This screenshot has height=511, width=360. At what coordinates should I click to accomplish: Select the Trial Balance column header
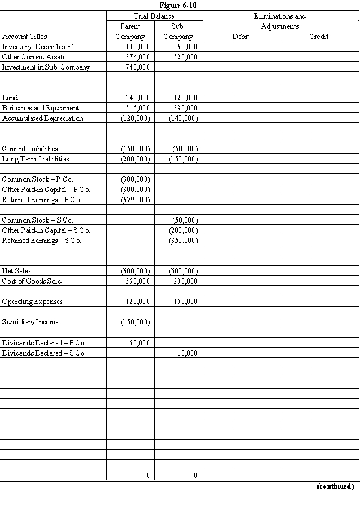tap(154, 16)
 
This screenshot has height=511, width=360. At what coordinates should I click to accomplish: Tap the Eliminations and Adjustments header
tap(280, 21)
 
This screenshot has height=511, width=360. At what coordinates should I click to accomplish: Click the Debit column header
tap(241, 37)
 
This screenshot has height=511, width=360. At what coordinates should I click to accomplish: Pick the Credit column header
tap(319, 37)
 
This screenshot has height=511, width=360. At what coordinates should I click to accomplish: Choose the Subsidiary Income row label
tap(30, 322)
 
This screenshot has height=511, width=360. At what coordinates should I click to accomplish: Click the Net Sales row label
tap(16, 271)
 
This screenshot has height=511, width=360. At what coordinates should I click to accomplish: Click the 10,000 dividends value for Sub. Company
tap(187, 353)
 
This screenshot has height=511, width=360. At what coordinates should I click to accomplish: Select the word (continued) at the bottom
tap(335, 486)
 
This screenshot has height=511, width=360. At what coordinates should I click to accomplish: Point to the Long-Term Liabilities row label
tap(35, 159)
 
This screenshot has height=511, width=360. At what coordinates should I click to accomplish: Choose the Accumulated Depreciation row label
tap(43, 118)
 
